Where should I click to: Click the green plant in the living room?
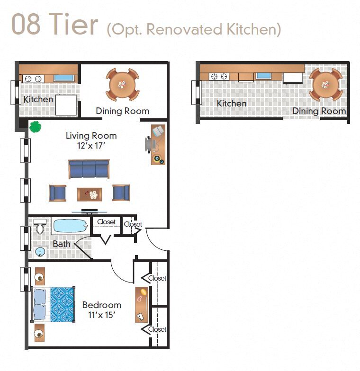(35, 127)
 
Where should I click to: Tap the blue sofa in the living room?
(89, 169)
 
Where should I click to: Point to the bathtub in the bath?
(70, 226)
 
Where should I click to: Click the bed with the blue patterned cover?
(53, 305)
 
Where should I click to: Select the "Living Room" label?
(91, 136)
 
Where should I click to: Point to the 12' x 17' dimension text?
(91, 146)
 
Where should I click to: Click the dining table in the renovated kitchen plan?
(325, 85)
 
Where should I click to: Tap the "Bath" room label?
(62, 244)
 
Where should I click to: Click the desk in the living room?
(158, 144)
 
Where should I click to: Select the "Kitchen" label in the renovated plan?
(232, 103)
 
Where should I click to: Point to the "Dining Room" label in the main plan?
(122, 111)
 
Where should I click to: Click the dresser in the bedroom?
(142, 304)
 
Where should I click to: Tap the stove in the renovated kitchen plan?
(219, 76)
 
